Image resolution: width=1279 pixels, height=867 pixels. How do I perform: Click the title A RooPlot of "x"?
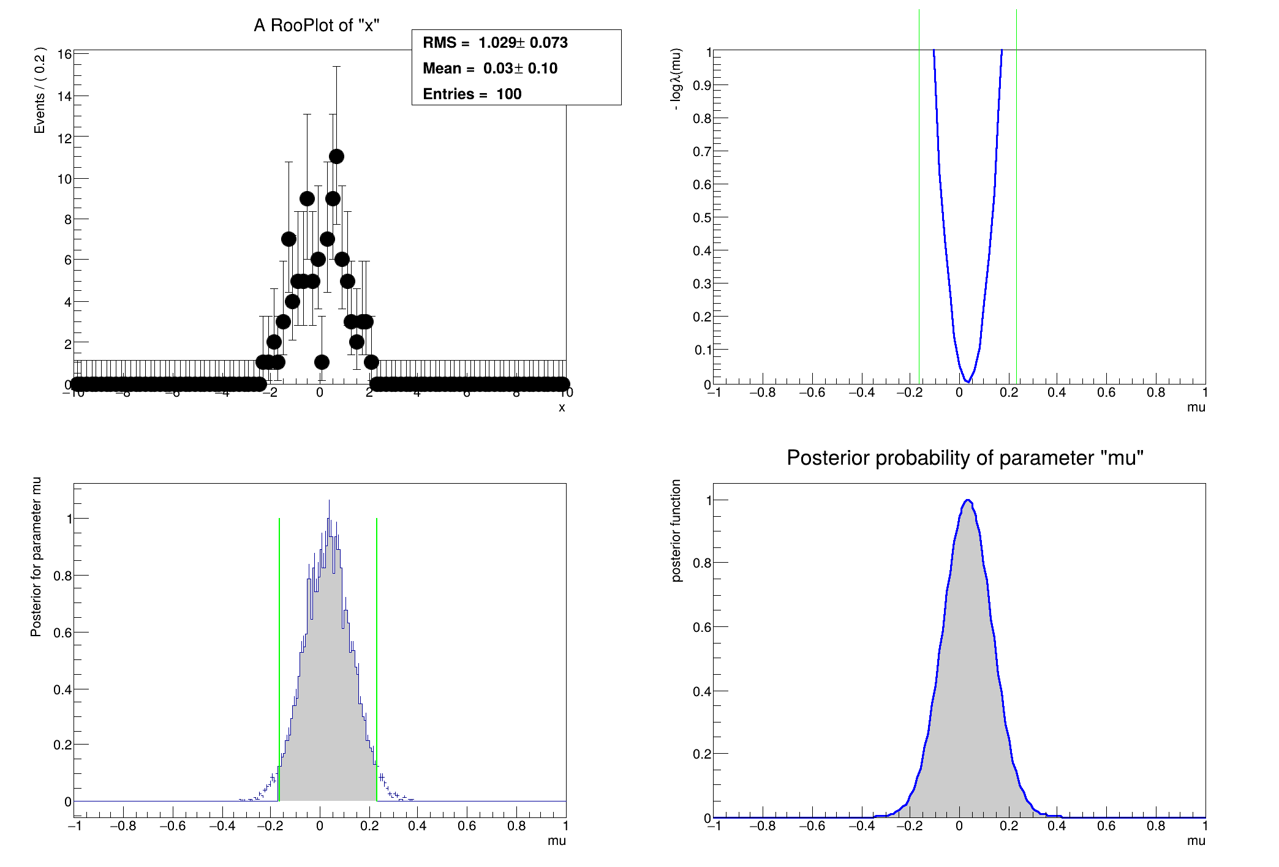point(317,26)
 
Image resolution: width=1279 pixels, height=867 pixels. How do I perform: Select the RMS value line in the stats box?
point(495,43)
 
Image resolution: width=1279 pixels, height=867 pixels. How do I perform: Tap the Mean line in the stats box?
point(490,69)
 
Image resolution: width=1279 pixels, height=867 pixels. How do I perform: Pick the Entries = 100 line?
point(472,94)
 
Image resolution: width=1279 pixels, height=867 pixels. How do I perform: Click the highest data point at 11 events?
point(336,157)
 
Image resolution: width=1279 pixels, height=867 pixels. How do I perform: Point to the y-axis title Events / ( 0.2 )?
point(40,90)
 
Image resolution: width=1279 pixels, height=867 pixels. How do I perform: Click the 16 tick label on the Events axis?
point(64,54)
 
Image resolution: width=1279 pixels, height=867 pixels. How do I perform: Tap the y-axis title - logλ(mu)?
point(676,79)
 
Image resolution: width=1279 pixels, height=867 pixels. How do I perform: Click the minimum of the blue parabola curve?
point(967,381)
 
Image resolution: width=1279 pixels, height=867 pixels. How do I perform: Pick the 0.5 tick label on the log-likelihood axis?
point(702,217)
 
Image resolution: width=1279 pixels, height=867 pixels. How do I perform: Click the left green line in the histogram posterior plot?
point(279,643)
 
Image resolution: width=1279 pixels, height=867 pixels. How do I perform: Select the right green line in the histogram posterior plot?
point(376,643)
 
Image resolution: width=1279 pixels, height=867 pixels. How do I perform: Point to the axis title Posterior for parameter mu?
point(36,557)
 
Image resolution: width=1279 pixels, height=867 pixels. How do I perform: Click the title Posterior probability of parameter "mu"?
point(965,458)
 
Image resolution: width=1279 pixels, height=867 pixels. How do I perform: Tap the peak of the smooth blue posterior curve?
point(968,500)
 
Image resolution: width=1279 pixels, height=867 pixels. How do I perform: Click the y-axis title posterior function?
point(676,530)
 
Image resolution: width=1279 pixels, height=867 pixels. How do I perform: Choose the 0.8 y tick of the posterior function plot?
point(702,563)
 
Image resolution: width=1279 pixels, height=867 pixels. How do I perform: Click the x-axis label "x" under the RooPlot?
point(562,408)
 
